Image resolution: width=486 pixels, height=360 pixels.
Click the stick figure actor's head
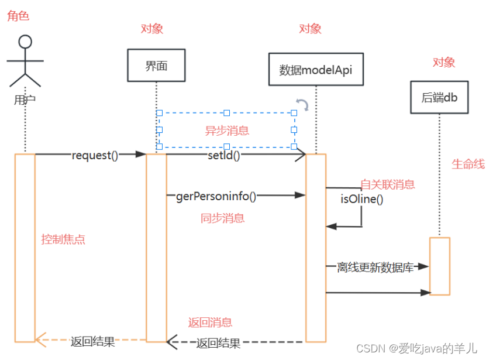point(25,42)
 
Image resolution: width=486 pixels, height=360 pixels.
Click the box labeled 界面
point(156,65)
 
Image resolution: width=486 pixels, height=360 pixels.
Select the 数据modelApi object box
point(316,70)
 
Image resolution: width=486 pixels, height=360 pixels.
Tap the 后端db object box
point(439,97)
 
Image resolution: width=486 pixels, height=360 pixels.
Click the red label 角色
point(18,16)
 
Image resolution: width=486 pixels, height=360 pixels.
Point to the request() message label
point(95,155)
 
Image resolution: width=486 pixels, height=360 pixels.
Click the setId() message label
point(224,155)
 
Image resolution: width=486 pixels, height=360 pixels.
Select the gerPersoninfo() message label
point(216,196)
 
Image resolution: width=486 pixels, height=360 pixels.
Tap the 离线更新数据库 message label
point(375,268)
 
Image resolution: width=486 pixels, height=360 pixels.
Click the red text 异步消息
point(226,131)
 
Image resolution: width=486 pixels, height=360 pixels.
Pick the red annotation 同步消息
point(222,218)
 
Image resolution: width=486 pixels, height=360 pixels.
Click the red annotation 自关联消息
point(387,184)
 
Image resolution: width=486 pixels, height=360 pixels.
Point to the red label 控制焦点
point(63,239)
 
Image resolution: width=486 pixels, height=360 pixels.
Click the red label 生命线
point(468,164)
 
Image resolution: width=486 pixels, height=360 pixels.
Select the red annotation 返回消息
point(210,322)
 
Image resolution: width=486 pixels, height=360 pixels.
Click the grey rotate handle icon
point(302,105)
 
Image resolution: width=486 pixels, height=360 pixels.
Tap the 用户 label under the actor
point(25,100)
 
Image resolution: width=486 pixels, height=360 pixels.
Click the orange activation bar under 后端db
point(440,266)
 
